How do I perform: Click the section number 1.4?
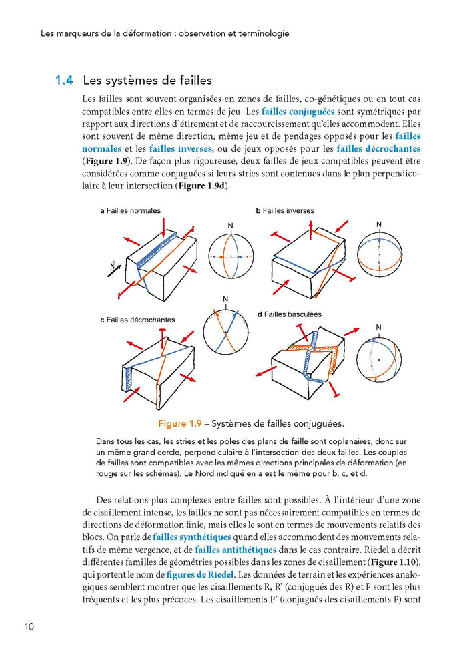coord(63,81)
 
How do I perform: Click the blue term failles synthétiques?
coord(192,537)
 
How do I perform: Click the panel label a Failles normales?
coord(131,210)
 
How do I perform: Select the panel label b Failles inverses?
coord(285,210)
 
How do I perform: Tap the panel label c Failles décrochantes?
coord(137,320)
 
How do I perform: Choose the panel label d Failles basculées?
coord(289,314)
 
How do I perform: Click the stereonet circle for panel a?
coord(231,256)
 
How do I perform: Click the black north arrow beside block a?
coord(114,268)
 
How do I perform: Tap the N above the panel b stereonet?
coord(379,224)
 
